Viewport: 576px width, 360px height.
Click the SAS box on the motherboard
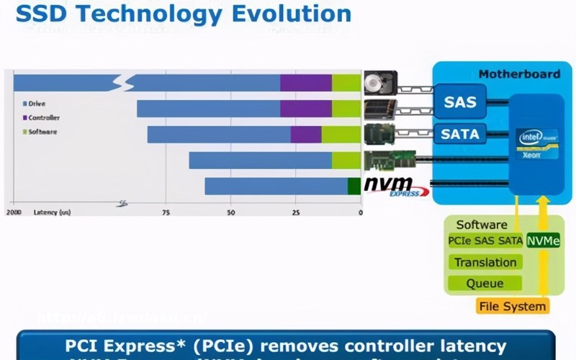click(x=460, y=102)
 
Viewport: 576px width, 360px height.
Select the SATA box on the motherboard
click(x=459, y=133)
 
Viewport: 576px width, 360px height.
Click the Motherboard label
click(x=519, y=73)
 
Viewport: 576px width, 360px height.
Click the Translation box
click(x=485, y=262)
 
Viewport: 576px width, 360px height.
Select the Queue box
click(x=485, y=283)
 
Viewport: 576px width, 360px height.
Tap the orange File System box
click(x=512, y=306)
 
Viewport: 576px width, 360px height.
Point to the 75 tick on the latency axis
click(x=166, y=213)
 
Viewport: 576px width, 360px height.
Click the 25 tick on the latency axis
click(x=296, y=213)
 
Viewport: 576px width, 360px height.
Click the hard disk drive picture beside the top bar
click(x=379, y=84)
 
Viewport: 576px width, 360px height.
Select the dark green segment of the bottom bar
click(x=354, y=186)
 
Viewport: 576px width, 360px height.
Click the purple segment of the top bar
click(x=306, y=83)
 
